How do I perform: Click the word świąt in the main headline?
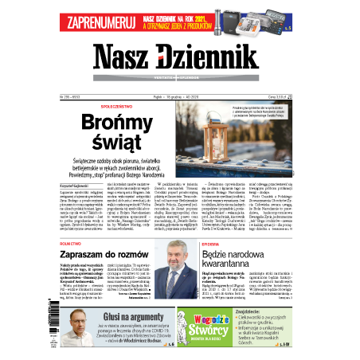pyautogui.click(x=117, y=143)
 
